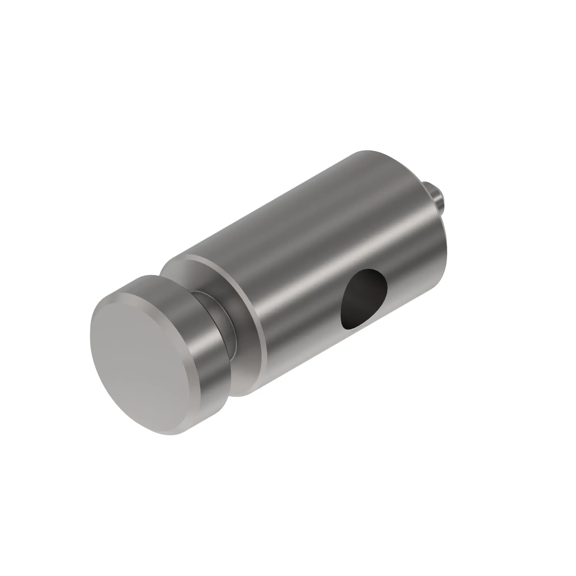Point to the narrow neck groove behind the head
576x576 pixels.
[x=227, y=325]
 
